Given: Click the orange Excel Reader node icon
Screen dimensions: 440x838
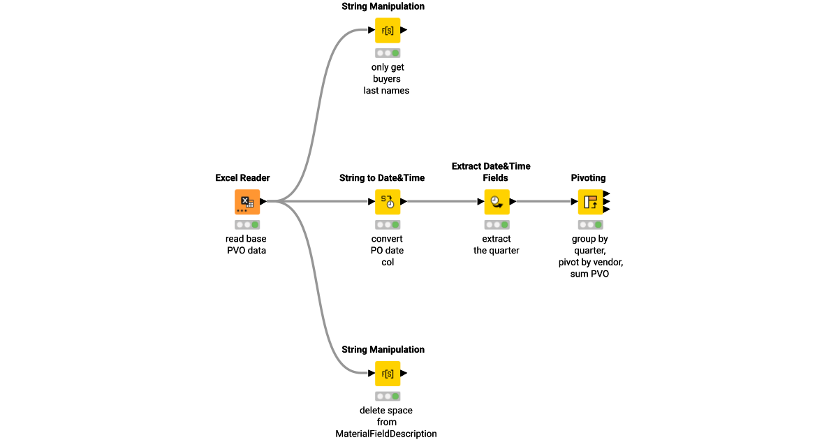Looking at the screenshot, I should click(247, 202).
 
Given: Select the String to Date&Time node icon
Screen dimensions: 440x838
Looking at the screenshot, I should click(388, 202).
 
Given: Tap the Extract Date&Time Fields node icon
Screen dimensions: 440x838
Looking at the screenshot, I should click(497, 202).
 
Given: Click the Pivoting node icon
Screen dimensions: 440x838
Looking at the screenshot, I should click(590, 202).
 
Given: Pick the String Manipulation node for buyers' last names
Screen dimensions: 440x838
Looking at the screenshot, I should click(388, 30).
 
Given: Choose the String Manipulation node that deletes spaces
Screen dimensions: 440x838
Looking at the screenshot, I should click(388, 374).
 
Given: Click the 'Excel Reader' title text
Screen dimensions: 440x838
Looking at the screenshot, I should click(242, 178).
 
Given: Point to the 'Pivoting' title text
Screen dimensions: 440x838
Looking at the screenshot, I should click(588, 178).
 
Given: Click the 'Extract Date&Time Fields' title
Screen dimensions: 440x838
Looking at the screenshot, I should click(491, 172).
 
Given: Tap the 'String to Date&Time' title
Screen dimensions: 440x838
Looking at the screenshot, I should click(382, 178).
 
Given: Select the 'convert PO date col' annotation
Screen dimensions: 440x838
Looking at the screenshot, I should click(387, 250).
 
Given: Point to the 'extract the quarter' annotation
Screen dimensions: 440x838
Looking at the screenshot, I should click(496, 244).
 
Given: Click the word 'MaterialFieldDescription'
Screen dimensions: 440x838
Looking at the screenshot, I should click(386, 434).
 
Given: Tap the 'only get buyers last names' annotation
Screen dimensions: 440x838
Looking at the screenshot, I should click(387, 79).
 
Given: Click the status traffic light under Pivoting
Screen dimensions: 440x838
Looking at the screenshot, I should click(590, 225).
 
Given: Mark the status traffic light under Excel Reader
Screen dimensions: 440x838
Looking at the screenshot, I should click(247, 225).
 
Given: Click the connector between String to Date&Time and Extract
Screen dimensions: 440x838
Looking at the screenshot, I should click(443, 202).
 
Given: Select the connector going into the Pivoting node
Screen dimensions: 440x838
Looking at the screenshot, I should click(545, 202).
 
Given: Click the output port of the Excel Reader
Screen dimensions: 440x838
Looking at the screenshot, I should click(263, 202).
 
